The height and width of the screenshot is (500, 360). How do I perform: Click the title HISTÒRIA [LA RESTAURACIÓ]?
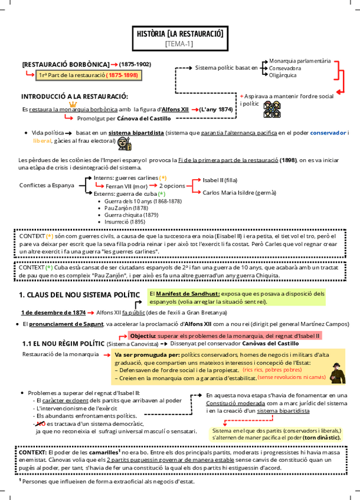pos(179,34)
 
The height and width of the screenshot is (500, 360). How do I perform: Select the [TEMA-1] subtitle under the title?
pos(179,44)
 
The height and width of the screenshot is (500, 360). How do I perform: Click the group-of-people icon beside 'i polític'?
pos(271,108)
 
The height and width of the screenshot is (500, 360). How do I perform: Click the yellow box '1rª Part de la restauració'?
pos(89,75)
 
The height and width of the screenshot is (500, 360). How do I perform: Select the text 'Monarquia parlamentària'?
pos(300,61)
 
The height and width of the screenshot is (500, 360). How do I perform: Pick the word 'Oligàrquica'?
pos(283,75)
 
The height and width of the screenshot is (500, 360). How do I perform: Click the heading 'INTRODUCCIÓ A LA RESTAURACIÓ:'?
pos(74,96)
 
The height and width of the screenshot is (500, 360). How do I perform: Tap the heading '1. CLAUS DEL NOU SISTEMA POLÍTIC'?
pos(80,294)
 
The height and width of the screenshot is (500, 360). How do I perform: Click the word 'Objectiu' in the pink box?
pos(142,335)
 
